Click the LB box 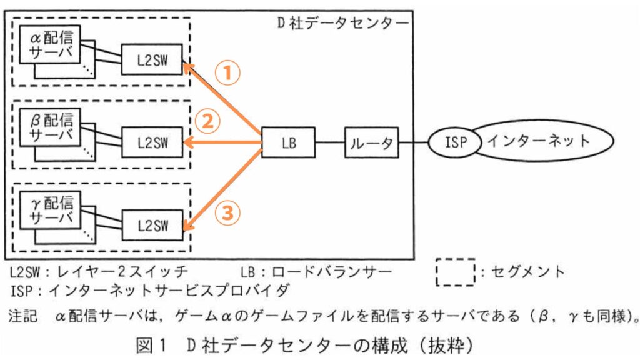(288, 142)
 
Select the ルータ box (371, 142)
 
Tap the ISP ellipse (456, 142)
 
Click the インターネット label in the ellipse (539, 141)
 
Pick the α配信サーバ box (50, 44)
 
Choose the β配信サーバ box (50, 127)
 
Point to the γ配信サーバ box (50, 210)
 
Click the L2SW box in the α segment (152, 59)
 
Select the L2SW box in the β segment (152, 142)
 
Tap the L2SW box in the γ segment (152, 225)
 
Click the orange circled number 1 (227, 74)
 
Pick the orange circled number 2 (207, 121)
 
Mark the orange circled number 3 (227, 212)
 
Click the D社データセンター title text (343, 23)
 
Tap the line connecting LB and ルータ (330, 142)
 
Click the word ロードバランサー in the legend (331, 271)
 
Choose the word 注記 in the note (23, 316)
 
